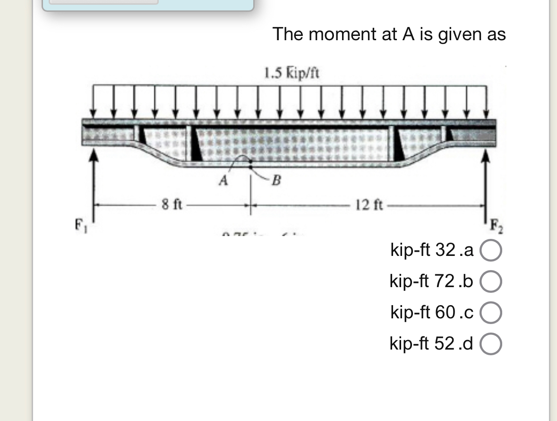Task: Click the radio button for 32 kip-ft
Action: [x=491, y=251]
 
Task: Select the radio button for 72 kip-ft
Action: [x=491, y=282]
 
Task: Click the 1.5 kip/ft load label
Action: [x=291, y=73]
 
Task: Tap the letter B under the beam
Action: [x=277, y=181]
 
